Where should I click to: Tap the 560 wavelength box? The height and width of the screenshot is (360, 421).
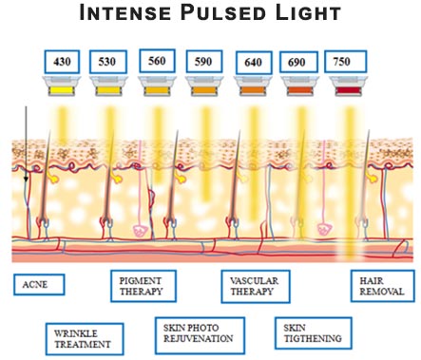156,62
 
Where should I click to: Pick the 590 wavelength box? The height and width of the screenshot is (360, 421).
203,62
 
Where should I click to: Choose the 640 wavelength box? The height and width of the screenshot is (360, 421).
252,62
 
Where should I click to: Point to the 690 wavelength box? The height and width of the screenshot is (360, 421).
298,62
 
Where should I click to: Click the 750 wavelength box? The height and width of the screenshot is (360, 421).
344,62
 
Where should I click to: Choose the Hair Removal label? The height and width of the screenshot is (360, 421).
382,287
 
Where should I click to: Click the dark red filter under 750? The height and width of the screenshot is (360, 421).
344,91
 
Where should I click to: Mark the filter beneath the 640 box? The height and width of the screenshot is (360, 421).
252,91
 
